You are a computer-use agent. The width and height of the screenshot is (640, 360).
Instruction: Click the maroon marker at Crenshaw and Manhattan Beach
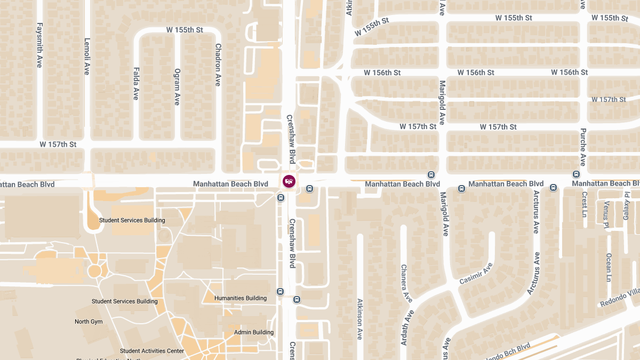(289, 181)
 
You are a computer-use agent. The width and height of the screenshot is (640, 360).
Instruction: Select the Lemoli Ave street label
(87, 56)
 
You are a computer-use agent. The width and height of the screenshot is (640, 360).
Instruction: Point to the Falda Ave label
(136, 84)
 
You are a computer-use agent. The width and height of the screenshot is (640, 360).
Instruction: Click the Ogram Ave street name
(177, 86)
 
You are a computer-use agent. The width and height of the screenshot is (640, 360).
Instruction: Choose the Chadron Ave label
(218, 65)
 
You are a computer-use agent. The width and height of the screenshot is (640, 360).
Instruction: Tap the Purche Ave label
(583, 147)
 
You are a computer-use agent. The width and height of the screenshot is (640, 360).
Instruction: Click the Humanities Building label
(241, 298)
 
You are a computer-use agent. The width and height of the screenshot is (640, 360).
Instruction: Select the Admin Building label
(254, 332)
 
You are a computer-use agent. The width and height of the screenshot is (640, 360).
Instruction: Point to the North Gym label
(89, 322)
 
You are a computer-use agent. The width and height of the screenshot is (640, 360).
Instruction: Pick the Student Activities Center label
(152, 351)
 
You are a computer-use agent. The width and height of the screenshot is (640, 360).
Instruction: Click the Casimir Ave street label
(476, 273)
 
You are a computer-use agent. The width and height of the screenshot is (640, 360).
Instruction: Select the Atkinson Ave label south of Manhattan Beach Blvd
(360, 319)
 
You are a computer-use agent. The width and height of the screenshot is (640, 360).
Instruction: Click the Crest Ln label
(585, 205)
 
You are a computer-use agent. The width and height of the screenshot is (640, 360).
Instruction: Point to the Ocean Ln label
(609, 267)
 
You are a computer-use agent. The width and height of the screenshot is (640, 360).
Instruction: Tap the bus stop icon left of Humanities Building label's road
(280, 292)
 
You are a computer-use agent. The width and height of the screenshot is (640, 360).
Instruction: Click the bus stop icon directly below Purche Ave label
(576, 174)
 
